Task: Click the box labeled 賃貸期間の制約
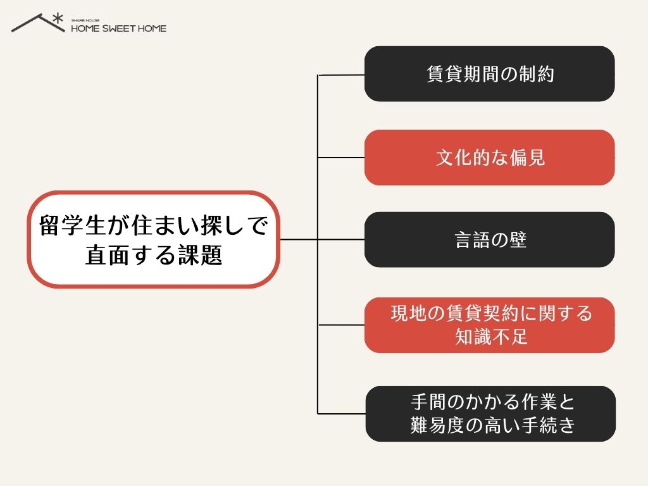pyautogui.click(x=489, y=73)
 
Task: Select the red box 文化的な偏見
pyautogui.click(x=489, y=158)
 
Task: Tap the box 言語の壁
pyautogui.click(x=489, y=240)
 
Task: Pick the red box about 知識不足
pyautogui.click(x=489, y=325)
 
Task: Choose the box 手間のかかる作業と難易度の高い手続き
pyautogui.click(x=490, y=414)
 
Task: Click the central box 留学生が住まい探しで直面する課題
pyautogui.click(x=154, y=239)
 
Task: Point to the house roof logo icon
pyautogui.click(x=38, y=23)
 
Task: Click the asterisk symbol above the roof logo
pyautogui.click(x=58, y=18)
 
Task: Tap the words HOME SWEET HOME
pyautogui.click(x=118, y=28)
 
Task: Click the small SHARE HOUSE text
pyautogui.click(x=85, y=20)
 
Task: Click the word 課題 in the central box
pyautogui.click(x=201, y=255)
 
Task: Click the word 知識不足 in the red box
pyautogui.click(x=491, y=337)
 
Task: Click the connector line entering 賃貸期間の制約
pyautogui.click(x=341, y=75)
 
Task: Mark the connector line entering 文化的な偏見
pyautogui.click(x=341, y=158)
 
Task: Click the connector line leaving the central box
pyautogui.click(x=299, y=239)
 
